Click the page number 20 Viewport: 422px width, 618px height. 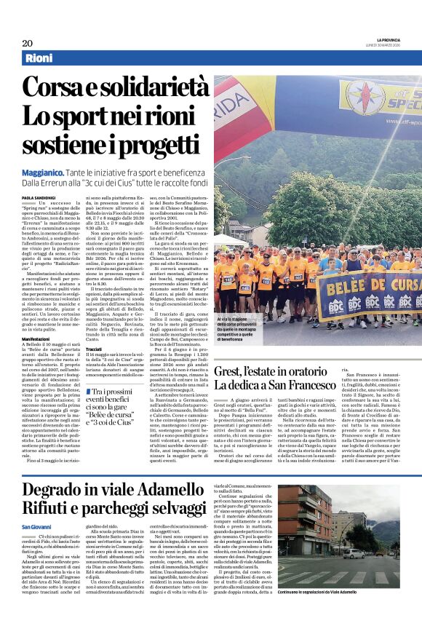point(28,43)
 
